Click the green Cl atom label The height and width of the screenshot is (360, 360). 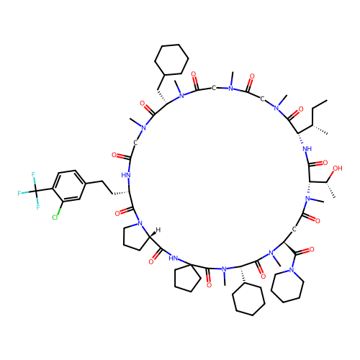tap(55, 217)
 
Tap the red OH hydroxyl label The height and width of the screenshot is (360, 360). tap(338, 168)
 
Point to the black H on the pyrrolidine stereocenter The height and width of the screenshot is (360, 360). tap(158, 230)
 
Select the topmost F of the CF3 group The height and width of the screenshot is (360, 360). tap(33, 174)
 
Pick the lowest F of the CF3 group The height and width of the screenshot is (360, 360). tap(38, 207)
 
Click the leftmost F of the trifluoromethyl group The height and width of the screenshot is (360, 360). tap(19, 193)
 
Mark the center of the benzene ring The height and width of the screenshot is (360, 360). tap(69, 185)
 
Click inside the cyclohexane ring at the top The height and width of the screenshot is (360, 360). tap(171, 60)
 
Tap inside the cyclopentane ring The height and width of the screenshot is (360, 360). tap(186, 278)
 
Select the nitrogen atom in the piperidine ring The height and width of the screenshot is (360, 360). tap(292, 270)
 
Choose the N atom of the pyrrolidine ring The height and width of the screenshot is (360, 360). tap(140, 224)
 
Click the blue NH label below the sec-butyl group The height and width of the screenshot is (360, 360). tap(307, 149)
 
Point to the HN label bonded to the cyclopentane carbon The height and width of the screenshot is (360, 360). tap(173, 258)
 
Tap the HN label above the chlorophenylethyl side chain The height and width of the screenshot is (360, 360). tap(126, 175)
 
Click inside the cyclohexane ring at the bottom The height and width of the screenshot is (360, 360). tap(248, 300)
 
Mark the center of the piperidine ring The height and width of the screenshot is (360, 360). tap(287, 286)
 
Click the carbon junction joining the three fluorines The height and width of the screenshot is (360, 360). tap(36, 191)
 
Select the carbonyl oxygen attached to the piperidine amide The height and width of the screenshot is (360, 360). tap(312, 250)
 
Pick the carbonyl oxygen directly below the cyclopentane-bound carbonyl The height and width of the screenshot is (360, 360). tap(209, 285)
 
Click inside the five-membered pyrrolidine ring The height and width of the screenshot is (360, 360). tap(135, 238)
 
